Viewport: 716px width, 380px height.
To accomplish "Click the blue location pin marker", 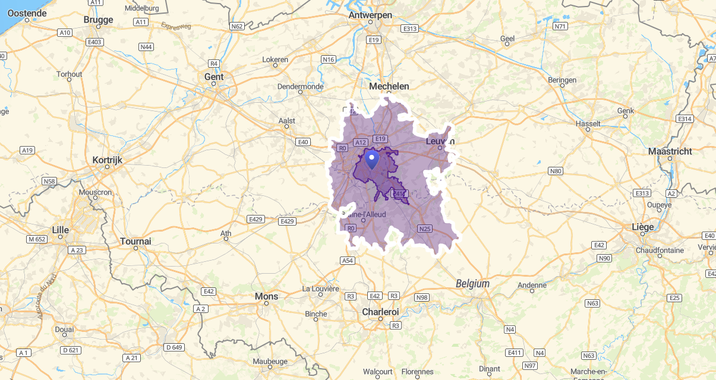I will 371,159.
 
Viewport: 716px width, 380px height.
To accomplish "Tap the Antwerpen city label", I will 370,15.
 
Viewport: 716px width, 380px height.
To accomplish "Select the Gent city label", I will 214,77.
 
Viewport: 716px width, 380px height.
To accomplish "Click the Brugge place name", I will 99,20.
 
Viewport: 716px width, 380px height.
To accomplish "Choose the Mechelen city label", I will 389,86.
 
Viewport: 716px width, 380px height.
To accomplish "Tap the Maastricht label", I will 670,151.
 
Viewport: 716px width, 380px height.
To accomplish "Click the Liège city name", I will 643,227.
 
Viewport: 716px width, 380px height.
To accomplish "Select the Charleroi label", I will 380,312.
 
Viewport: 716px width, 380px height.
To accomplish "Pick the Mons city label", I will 266,296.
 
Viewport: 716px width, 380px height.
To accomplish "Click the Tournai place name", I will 135,241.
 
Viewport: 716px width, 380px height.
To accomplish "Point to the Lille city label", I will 60,229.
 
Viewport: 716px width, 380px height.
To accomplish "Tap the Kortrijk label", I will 107,160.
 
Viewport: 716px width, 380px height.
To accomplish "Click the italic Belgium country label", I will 472,284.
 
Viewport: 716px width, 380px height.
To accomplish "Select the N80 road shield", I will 555,172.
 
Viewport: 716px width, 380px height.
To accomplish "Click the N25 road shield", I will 424,229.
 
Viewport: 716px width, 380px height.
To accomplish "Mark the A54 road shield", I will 348,261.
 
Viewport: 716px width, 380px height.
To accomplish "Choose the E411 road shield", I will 514,353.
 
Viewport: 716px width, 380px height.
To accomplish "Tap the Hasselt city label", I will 588,123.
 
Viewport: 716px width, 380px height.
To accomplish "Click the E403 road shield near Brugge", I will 94,42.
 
